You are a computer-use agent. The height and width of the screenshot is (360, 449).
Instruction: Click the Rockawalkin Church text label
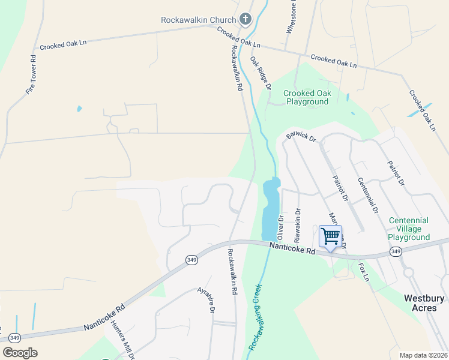click(199, 19)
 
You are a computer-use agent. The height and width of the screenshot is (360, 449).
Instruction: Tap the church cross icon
click(245, 19)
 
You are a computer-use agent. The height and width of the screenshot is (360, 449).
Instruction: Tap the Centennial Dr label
click(367, 195)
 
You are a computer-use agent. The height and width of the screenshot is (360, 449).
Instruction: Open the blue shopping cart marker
click(330, 236)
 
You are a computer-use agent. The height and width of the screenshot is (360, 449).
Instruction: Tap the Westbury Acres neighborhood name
click(424, 303)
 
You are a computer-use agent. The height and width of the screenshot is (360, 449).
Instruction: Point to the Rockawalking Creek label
click(256, 318)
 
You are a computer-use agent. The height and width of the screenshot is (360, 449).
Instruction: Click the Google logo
click(20, 353)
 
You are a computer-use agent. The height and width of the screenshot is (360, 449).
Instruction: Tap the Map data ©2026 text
click(423, 355)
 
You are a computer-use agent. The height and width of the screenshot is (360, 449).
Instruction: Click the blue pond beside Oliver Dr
click(271, 201)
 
